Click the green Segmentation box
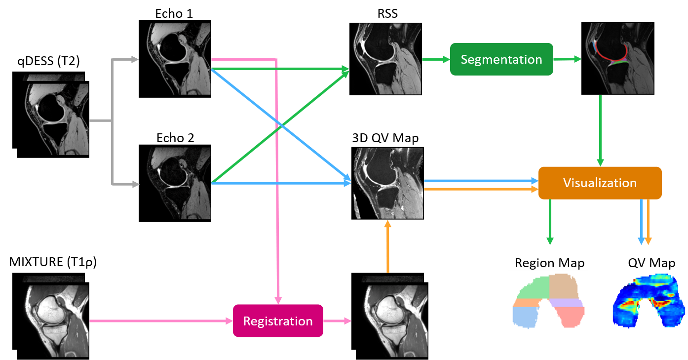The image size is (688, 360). point(501,59)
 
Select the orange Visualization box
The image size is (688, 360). point(600,183)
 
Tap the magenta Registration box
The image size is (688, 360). point(278,321)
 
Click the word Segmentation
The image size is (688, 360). point(501,60)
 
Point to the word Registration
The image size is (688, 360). point(278,321)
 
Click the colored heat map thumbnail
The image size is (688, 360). point(647,301)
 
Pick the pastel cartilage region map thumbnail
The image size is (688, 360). point(548,301)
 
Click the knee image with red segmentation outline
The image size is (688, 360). point(619,58)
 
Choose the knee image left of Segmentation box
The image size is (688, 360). point(387,58)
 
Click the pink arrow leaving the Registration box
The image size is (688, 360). point(338,321)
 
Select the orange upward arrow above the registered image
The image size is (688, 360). point(387,247)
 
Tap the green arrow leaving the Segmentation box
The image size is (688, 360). point(568,59)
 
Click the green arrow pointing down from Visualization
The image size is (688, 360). point(550,222)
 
